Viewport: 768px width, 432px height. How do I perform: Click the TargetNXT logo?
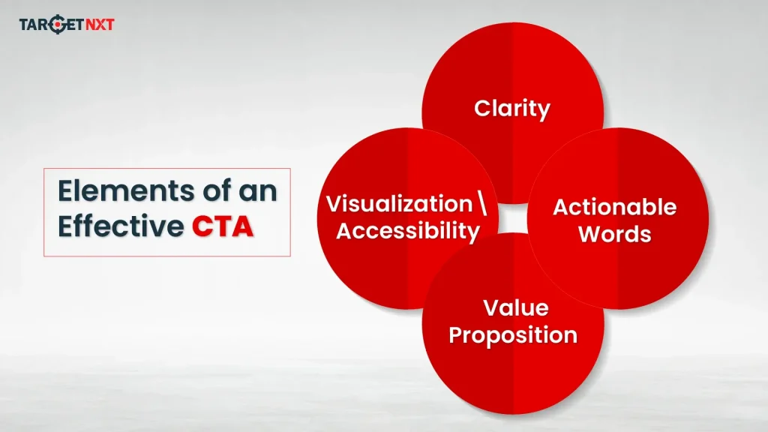coord(66,25)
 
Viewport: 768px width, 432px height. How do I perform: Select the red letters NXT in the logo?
coord(97,25)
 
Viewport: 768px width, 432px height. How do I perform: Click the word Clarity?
coord(512,109)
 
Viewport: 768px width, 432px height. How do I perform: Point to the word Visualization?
coord(399,204)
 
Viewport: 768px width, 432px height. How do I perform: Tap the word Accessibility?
coord(407,231)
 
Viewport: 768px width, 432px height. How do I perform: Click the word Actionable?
coord(614,207)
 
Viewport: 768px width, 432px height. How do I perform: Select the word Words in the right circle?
coord(614,234)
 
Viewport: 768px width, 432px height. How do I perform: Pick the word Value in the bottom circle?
coord(515,307)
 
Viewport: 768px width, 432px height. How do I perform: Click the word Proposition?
coord(513,334)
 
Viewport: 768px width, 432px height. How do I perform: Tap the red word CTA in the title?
coord(221,226)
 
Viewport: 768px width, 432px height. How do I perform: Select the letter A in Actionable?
coord(561,207)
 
